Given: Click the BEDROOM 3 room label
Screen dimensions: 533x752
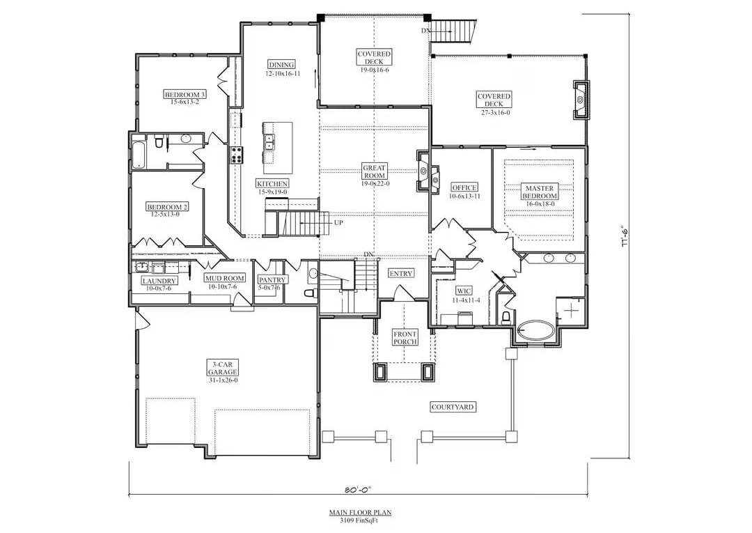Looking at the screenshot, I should tap(185, 94).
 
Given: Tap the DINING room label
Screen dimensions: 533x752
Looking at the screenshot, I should tap(282, 65).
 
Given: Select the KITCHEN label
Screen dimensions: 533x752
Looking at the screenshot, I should tap(272, 183).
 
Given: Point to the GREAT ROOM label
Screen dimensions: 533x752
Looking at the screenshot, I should tap(374, 168).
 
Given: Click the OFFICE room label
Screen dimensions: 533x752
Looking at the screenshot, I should tap(464, 187).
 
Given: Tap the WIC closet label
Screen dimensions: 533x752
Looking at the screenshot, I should tap(464, 290).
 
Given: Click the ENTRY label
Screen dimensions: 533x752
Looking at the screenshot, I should tap(400, 273).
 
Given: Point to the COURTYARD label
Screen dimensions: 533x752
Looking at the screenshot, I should tap(453, 407).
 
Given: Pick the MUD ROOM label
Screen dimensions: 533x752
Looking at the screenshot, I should tap(224, 278).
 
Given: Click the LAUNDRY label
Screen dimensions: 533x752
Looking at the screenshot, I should tap(159, 281).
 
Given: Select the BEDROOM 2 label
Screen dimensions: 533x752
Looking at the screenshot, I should tap(166, 207).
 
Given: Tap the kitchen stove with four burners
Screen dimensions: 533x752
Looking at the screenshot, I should tap(237, 155).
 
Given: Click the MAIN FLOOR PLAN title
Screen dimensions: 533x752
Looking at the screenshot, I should tap(360, 512).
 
